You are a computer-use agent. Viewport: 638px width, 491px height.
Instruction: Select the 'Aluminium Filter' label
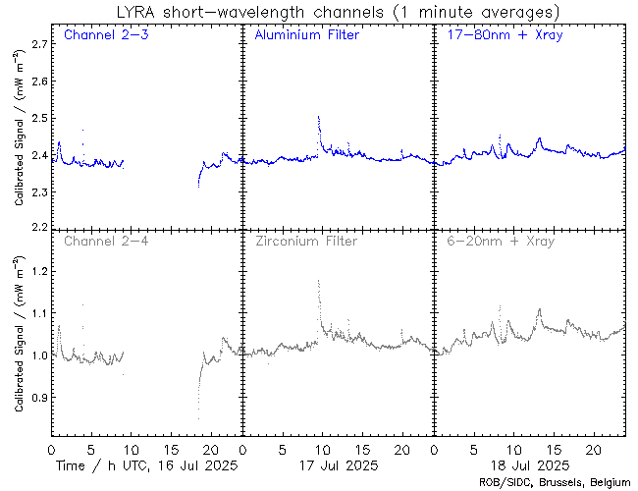tap(306, 36)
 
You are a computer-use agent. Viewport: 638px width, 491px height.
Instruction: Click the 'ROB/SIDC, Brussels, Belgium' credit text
tap(556, 482)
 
